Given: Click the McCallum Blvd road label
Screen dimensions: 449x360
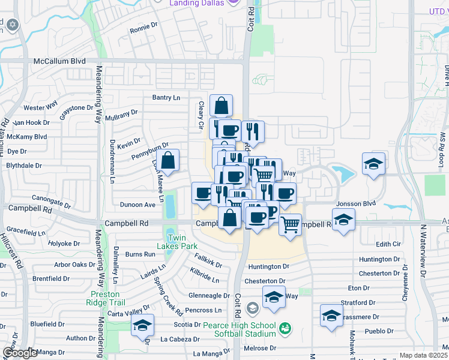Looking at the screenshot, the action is coord(59,61).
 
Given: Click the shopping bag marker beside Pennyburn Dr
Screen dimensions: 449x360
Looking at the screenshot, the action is coord(168,161).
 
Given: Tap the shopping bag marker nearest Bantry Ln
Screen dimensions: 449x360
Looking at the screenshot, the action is coord(221,106).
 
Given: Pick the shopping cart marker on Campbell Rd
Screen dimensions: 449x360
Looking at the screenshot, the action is coord(290,225).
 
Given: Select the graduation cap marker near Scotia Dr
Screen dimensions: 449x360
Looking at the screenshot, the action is coord(142,325).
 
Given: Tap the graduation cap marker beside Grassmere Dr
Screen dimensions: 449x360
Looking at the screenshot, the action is coord(331,316).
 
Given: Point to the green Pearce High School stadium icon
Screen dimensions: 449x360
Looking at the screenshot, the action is coord(285,328).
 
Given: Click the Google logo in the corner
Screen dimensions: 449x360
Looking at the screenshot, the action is coord(20,353).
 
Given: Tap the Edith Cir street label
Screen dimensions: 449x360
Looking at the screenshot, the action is coord(388,244).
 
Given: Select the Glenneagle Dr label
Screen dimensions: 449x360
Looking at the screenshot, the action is coord(209,295).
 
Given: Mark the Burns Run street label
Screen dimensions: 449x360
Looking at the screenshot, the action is coord(141,254).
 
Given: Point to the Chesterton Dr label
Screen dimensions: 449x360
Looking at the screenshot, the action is coord(265,281).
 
